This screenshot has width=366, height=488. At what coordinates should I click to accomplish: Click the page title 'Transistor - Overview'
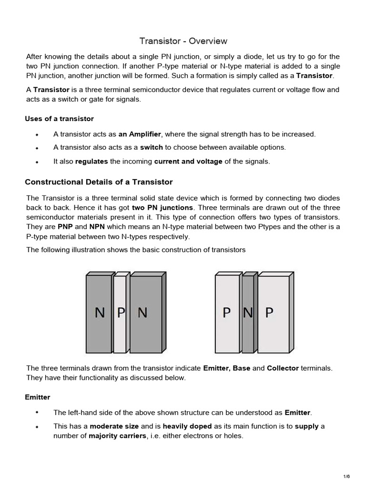tap(183, 41)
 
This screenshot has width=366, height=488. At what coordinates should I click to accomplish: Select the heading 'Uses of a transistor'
tap(59, 118)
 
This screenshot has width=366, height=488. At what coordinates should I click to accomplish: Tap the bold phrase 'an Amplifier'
tap(140, 134)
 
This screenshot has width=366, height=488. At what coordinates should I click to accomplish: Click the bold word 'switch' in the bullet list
tap(152, 147)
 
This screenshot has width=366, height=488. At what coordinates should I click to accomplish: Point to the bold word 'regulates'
tap(91, 161)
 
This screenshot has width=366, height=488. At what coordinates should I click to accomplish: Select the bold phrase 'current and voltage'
tap(188, 161)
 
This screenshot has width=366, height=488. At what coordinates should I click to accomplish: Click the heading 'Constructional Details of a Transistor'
tap(99, 182)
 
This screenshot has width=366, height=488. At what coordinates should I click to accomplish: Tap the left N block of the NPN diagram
tap(99, 313)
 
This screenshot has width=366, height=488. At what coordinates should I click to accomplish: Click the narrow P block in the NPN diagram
tap(121, 313)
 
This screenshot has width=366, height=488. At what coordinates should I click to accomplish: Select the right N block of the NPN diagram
tap(145, 313)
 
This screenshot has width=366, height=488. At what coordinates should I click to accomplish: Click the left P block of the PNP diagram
tap(227, 313)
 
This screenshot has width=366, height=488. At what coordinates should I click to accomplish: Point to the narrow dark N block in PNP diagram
tap(248, 313)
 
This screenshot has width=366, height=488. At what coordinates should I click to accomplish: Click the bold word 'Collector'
tap(283, 368)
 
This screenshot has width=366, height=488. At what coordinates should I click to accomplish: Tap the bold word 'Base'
tap(241, 368)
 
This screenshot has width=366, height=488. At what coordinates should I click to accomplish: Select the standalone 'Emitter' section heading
tap(37, 396)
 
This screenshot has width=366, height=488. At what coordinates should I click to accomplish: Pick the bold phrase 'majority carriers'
tap(117, 435)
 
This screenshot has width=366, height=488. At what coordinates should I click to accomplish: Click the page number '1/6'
tap(346, 477)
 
